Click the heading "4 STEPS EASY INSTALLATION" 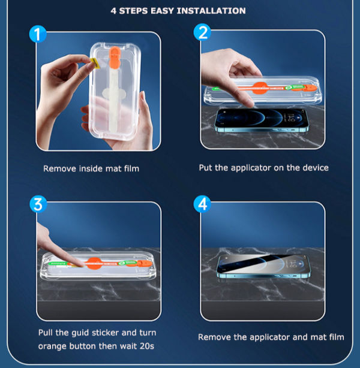(x=178, y=11)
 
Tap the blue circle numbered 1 (x=39, y=34)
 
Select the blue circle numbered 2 (x=202, y=33)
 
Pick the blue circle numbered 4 (x=202, y=204)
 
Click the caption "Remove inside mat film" (x=91, y=168)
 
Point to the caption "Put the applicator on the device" (x=263, y=168)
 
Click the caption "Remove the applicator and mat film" (x=271, y=337)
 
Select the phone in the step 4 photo (x=262, y=266)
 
